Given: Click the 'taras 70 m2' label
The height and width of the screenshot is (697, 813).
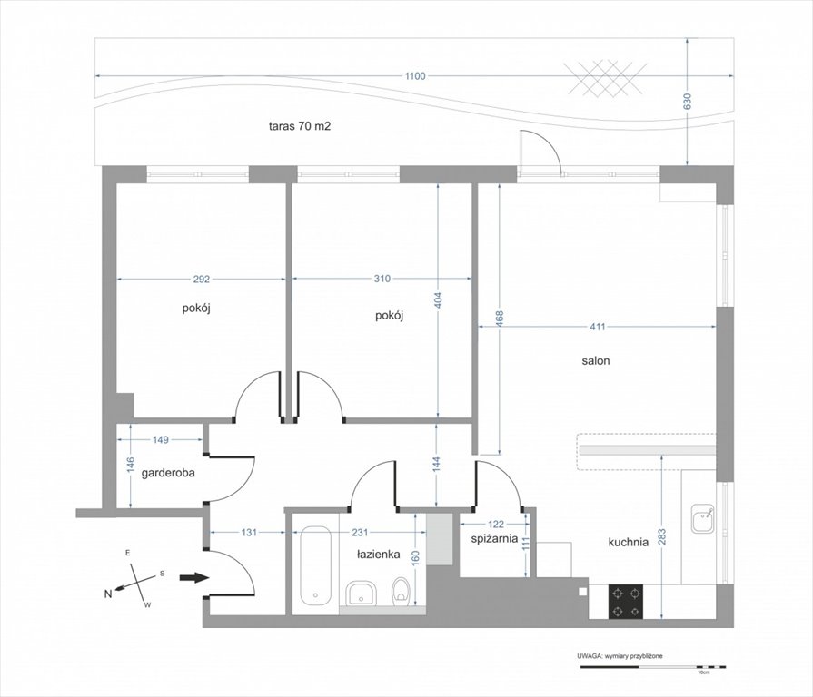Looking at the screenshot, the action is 300,126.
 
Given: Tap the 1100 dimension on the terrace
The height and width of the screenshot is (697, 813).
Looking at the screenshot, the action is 415,76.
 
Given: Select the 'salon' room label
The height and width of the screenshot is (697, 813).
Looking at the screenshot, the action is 595,361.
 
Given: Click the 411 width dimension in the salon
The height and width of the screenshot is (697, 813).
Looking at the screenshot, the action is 598,327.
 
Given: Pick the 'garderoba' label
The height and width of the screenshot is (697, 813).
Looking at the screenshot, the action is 168,473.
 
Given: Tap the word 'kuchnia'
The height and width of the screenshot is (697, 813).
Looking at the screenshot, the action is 628,542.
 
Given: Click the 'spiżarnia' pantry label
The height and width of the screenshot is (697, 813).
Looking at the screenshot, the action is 494,538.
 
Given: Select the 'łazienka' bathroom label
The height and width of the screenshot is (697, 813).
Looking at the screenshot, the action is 378,555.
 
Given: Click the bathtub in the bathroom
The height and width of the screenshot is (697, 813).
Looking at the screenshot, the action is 316,566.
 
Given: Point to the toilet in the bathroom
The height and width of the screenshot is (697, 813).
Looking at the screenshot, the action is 402,592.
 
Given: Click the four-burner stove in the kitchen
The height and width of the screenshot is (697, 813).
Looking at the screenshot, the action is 626,602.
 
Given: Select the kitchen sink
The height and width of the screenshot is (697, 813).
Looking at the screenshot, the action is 703,518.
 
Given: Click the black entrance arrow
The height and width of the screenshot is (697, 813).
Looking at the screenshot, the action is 193,578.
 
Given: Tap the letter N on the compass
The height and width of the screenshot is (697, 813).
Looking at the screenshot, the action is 108,594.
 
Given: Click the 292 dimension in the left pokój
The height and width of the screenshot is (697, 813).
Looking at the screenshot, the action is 201,280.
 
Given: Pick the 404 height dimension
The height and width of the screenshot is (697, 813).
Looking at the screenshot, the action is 438,301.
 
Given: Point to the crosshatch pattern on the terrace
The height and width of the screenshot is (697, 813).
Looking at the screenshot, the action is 605,78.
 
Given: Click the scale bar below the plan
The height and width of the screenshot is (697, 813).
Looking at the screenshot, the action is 653,667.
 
